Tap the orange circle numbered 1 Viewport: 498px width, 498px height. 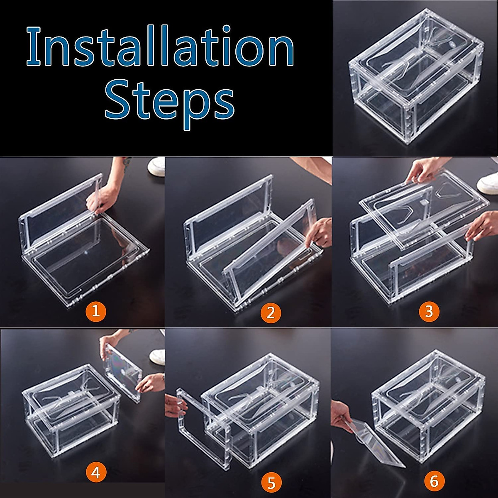tap(96, 311)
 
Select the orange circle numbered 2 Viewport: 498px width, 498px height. tap(271, 312)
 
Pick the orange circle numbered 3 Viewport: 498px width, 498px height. tap(429, 311)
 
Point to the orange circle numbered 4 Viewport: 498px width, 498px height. tap(96, 473)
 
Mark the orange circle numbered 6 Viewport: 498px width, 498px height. tap(434, 481)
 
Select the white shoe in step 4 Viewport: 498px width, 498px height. tap(158, 355)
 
